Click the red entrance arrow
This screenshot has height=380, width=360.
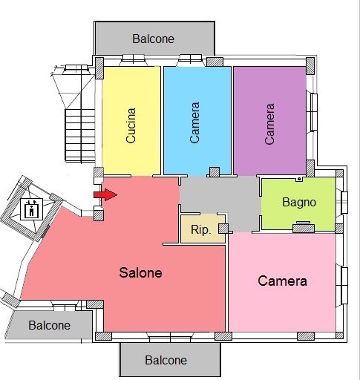pyautogui.click(x=105, y=194)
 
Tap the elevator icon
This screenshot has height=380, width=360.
pyautogui.click(x=31, y=209)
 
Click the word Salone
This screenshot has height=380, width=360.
pyautogui.click(x=140, y=272)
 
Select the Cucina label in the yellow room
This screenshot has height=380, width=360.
pyautogui.click(x=131, y=125)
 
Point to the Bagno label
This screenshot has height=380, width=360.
pyautogui.click(x=299, y=203)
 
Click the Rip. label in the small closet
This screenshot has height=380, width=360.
pyautogui.click(x=201, y=230)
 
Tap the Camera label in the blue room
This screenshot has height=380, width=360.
pyautogui.click(x=194, y=122)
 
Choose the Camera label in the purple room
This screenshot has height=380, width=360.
pyautogui.click(x=269, y=124)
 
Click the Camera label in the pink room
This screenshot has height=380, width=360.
pyautogui.click(x=282, y=281)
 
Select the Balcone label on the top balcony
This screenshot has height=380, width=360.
pyautogui.click(x=153, y=39)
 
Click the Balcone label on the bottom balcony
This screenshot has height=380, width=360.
pyautogui.click(x=166, y=360)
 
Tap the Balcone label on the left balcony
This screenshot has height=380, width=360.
pyautogui.click(x=49, y=325)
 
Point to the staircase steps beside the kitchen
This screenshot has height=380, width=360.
pyautogui.click(x=80, y=136)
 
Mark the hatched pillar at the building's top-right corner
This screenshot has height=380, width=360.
pyautogui.click(x=310, y=66)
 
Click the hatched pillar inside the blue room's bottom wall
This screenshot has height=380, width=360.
pyautogui.click(x=215, y=172)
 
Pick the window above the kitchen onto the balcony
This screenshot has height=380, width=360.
pyautogui.click(x=133, y=59)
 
